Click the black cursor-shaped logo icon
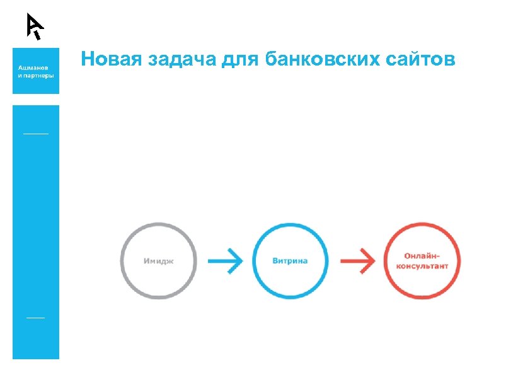(35, 26)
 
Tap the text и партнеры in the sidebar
(35, 74)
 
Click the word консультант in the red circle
(422, 266)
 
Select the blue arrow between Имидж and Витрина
(225, 260)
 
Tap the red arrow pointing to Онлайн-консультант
(357, 260)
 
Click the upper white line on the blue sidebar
(35, 134)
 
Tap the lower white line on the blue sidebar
(35, 317)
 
